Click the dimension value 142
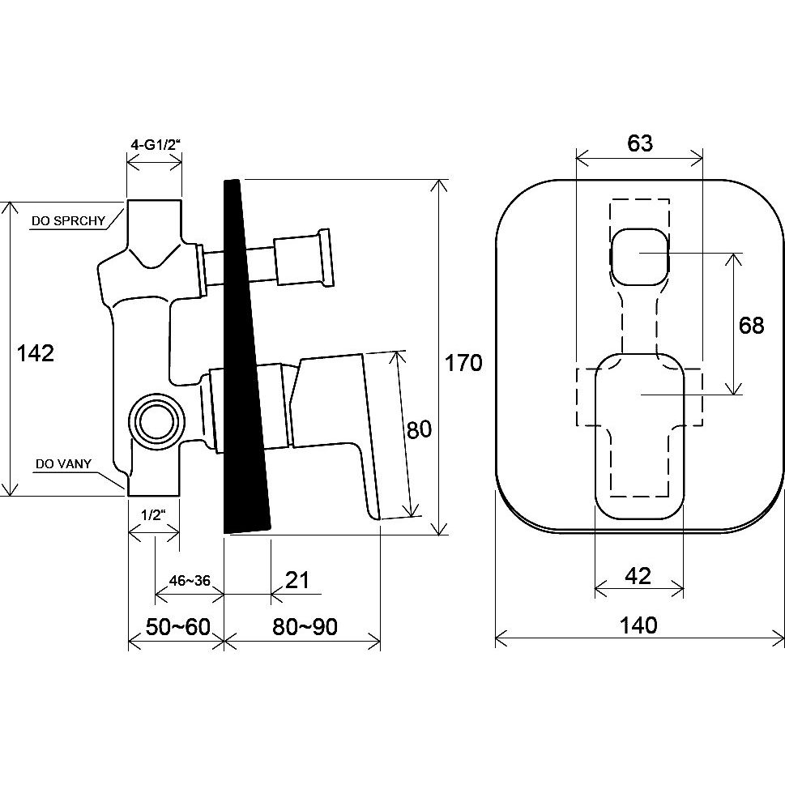[36, 353]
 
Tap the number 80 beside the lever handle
[419, 429]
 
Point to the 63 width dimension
[639, 143]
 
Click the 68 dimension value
[751, 326]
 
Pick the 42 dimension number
[638, 577]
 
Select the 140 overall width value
[639, 625]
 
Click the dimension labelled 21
[297, 580]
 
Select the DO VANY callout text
[62, 464]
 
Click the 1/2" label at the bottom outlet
[154, 514]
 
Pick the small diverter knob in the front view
[639, 254]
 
